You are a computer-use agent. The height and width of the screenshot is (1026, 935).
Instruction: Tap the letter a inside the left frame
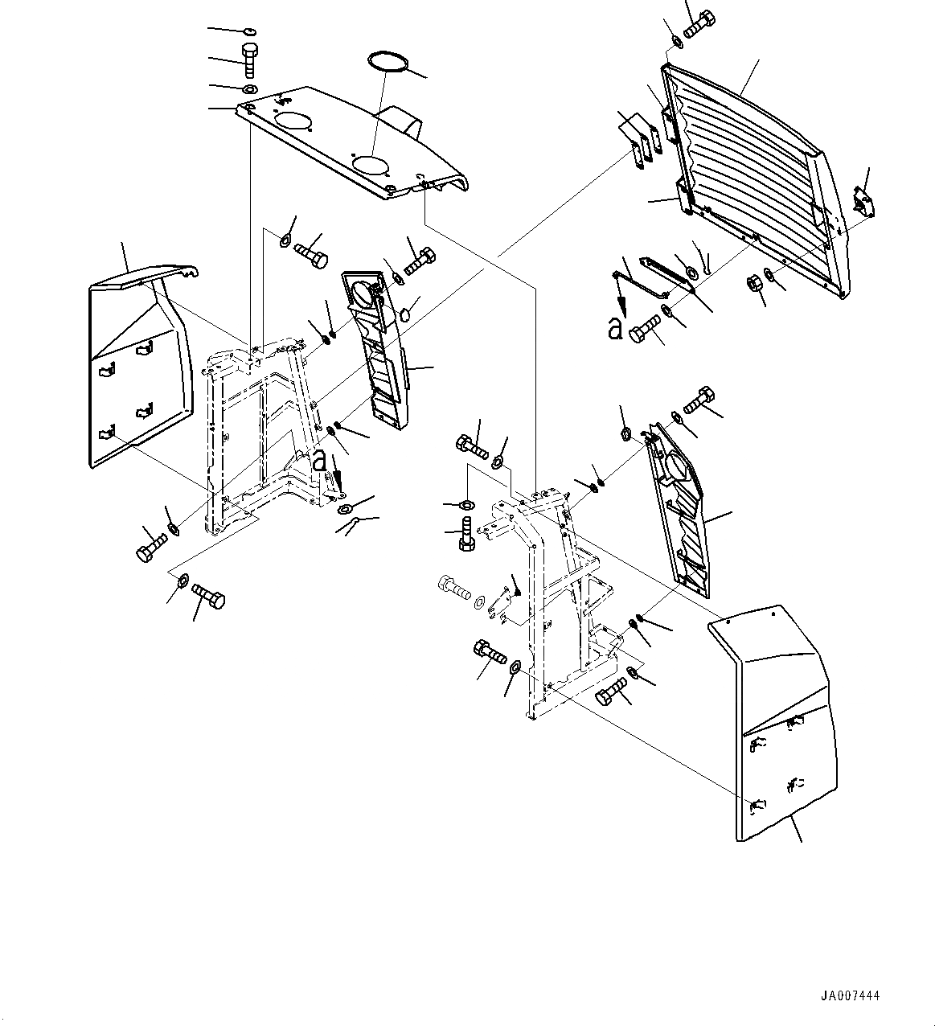tap(320, 460)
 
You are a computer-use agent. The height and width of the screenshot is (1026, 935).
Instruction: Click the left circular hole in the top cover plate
tap(292, 121)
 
